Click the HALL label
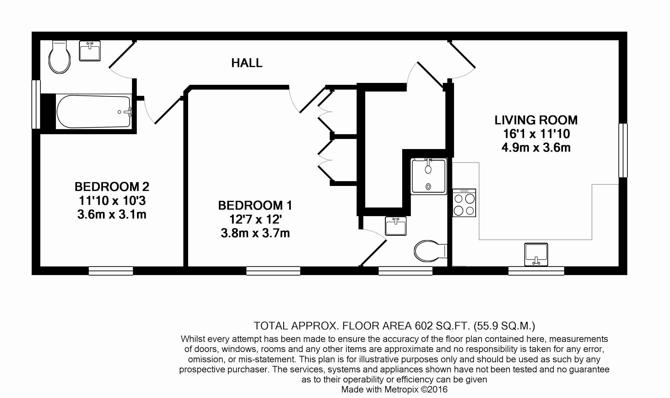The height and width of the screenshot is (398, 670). (x=247, y=63)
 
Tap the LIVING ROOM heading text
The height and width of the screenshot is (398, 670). (x=536, y=120)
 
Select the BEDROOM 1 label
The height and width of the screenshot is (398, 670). (x=255, y=205)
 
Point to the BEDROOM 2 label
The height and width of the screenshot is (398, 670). (x=112, y=187)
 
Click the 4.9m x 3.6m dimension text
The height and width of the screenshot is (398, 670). (x=536, y=148)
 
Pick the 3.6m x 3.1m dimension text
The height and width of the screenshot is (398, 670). (x=112, y=214)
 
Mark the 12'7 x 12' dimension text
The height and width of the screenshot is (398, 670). (x=255, y=219)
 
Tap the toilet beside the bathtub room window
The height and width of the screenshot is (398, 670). (x=60, y=57)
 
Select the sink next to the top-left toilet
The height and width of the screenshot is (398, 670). (x=90, y=51)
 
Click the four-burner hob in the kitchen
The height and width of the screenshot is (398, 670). (x=464, y=203)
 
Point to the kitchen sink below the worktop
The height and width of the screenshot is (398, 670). (x=536, y=254)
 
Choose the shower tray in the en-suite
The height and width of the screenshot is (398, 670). (x=429, y=176)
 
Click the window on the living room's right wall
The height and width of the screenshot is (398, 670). (x=623, y=150)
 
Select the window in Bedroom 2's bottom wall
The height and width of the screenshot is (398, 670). (x=111, y=271)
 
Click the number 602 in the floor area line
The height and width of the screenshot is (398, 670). (x=424, y=326)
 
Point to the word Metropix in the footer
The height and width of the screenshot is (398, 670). (x=401, y=389)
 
